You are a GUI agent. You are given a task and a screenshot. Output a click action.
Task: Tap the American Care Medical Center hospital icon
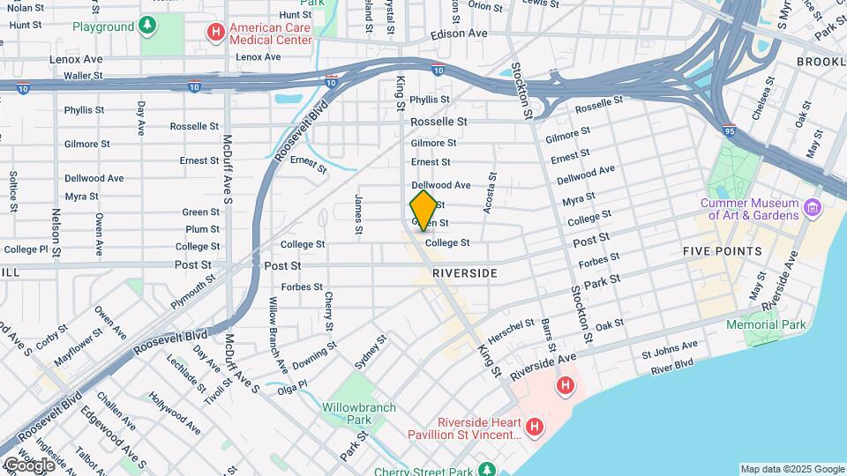point(215,33)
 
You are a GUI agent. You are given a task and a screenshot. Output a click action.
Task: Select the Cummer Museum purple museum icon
point(813,209)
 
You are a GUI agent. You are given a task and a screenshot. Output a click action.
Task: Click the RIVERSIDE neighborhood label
point(465,274)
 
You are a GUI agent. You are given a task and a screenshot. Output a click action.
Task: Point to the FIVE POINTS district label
point(722,251)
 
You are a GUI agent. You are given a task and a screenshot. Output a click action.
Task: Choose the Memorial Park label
point(766,324)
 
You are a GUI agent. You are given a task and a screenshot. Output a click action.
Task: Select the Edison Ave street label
point(459,33)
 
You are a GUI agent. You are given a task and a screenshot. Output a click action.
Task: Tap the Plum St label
point(202,229)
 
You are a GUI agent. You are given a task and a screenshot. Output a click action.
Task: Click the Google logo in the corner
point(29,465)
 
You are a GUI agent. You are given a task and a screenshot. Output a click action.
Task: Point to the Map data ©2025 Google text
point(791,469)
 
